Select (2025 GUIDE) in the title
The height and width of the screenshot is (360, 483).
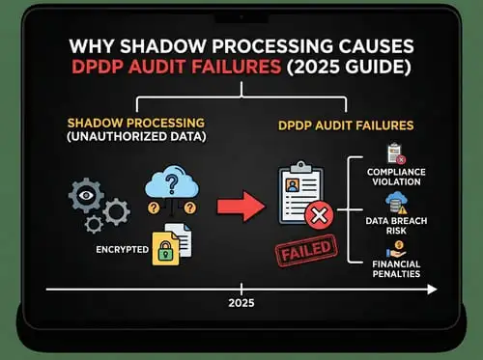click(x=329, y=70)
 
